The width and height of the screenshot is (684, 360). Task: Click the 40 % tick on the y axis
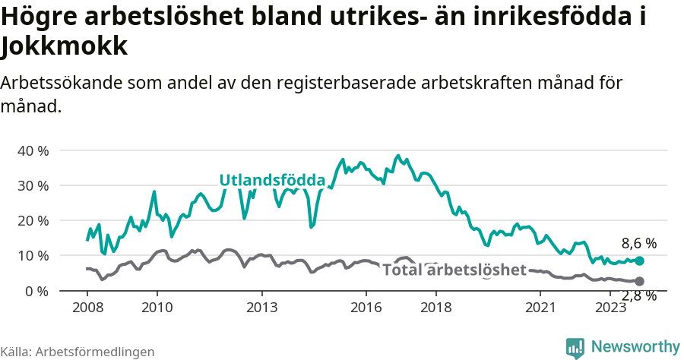pos(33,150)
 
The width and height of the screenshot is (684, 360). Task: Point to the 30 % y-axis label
pos(33,185)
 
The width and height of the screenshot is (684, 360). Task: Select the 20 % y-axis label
pos(33,220)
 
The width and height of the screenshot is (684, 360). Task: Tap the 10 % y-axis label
pos(33,255)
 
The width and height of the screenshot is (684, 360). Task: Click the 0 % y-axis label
pos(36,290)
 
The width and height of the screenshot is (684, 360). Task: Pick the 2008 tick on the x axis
pos(87,307)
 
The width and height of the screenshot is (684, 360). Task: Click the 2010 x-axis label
pos(157,307)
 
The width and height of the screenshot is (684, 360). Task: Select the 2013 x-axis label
pos(261,307)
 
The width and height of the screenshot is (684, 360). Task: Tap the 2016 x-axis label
pos(366,307)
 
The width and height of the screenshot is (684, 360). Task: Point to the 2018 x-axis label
pos(435,307)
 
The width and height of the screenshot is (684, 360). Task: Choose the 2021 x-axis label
pos(540,307)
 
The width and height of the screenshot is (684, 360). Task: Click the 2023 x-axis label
pos(610,307)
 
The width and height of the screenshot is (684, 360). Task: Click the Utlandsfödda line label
pos(272,180)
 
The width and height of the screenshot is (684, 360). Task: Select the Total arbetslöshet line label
pos(454,270)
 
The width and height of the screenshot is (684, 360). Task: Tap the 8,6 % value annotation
pos(638,244)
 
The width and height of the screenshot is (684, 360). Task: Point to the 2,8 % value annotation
pos(638,296)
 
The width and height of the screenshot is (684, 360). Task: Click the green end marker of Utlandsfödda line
pos(639,261)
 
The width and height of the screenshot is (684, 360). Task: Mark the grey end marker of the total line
pos(639,281)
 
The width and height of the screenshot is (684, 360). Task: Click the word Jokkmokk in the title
pos(64,47)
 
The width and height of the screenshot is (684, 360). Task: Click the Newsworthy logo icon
pos(575,347)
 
